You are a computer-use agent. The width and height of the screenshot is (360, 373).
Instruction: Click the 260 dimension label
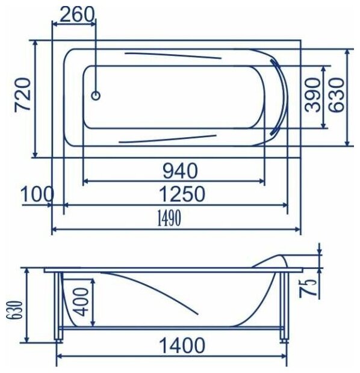(76, 14)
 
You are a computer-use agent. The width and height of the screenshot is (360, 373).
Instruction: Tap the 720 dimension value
(23, 94)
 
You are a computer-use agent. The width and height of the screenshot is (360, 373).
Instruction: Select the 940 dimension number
(180, 171)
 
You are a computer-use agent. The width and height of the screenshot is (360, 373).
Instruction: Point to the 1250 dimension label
(181, 194)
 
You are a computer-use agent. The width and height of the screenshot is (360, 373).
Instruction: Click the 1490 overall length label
(169, 218)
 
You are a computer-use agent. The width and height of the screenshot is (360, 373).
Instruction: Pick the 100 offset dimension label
(37, 194)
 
